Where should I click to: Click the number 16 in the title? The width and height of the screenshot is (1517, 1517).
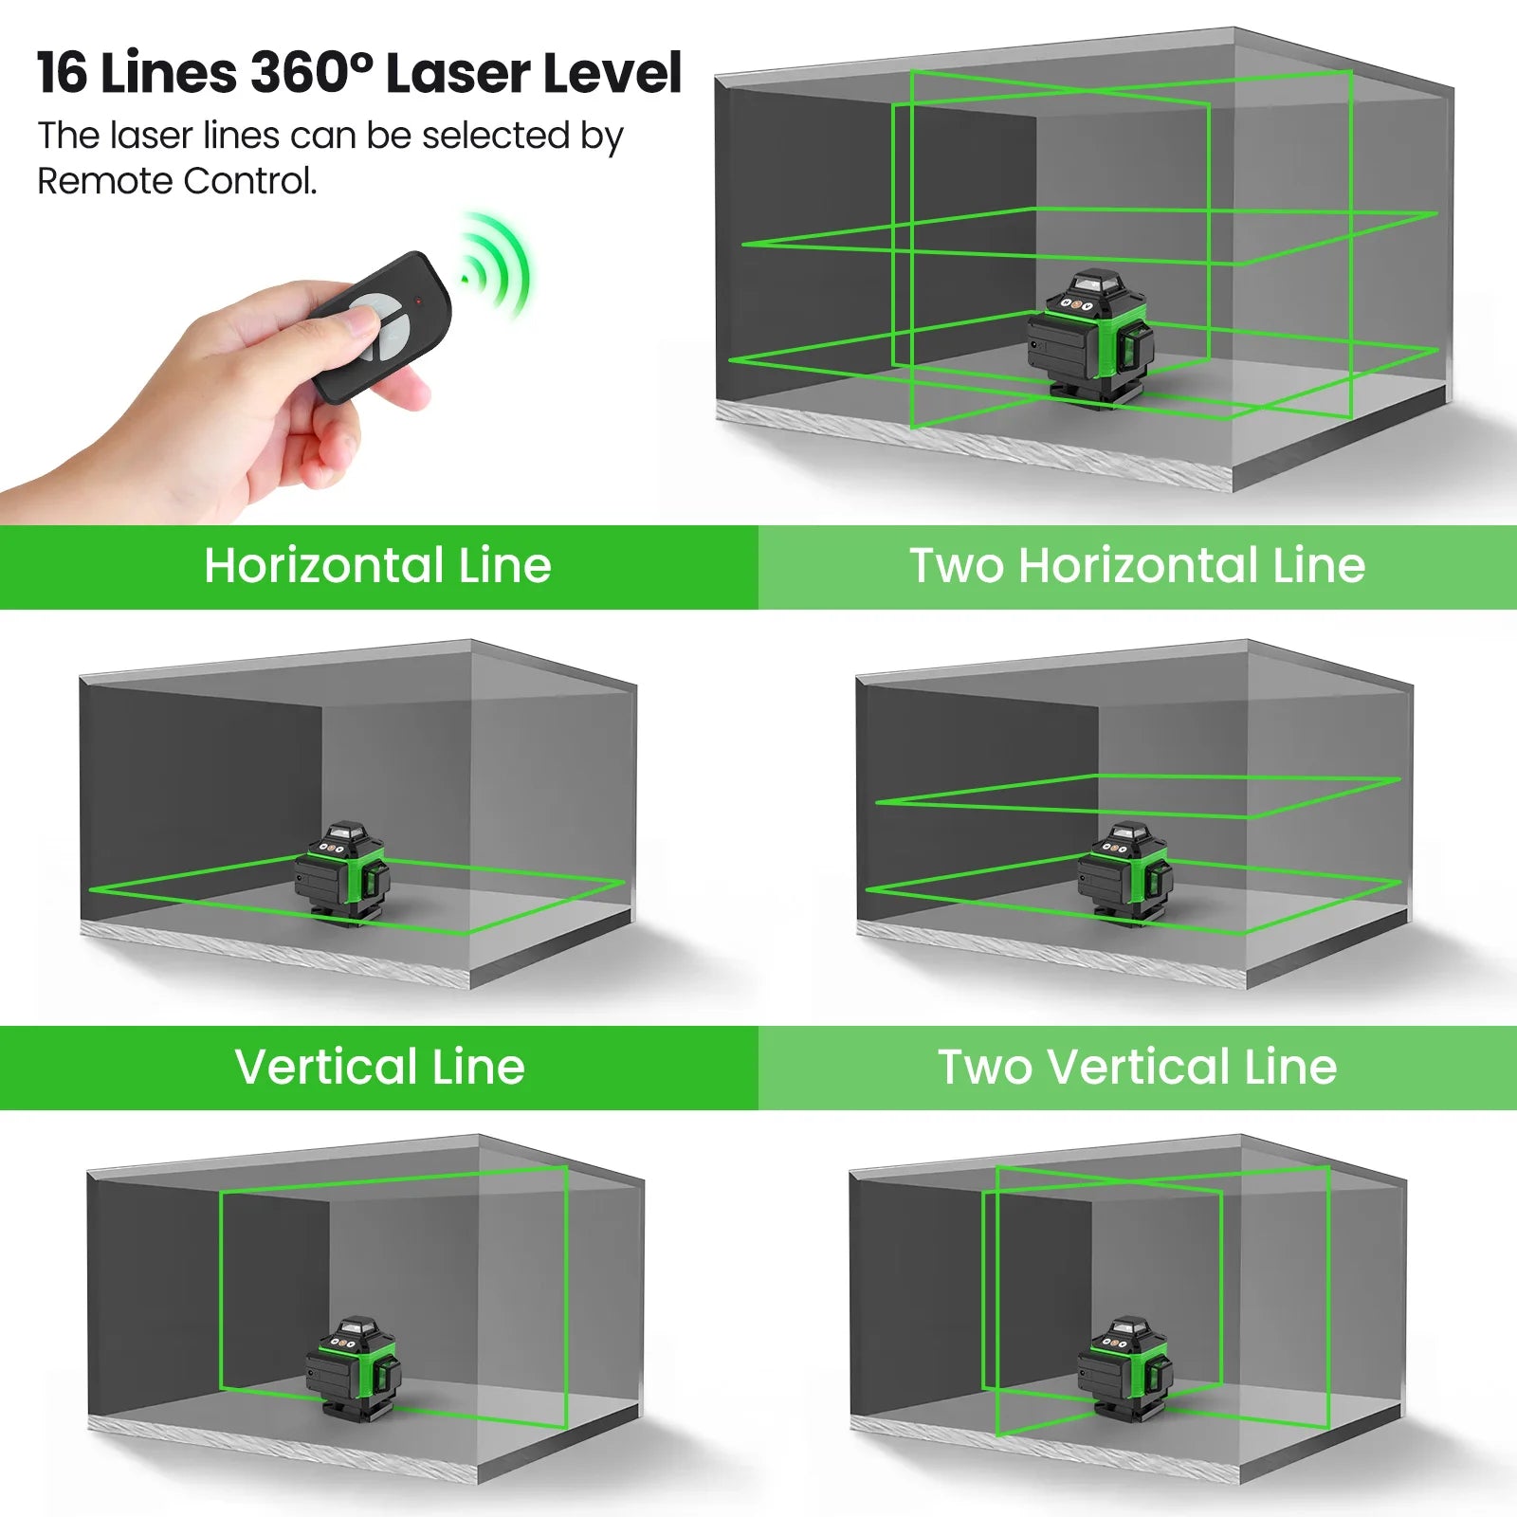pyautogui.click(x=64, y=74)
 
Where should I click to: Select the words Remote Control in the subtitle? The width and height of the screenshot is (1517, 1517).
pyautogui.click(x=176, y=181)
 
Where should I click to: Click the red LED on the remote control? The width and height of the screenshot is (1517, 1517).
pyautogui.click(x=418, y=301)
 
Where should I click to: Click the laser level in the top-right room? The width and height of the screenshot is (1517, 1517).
pyautogui.click(x=1090, y=337)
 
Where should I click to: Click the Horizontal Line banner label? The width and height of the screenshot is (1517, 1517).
pyautogui.click(x=377, y=566)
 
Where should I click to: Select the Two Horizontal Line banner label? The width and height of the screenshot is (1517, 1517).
pyautogui.click(x=1137, y=566)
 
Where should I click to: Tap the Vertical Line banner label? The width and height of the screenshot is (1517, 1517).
pyautogui.click(x=379, y=1068)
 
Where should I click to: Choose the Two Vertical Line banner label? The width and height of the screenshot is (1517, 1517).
pyautogui.click(x=1137, y=1068)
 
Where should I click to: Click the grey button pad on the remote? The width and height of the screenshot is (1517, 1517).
pyautogui.click(x=377, y=327)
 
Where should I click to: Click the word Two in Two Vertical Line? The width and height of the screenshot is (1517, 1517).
pyautogui.click(x=984, y=1068)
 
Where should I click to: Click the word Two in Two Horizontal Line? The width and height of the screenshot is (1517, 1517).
pyautogui.click(x=956, y=566)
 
